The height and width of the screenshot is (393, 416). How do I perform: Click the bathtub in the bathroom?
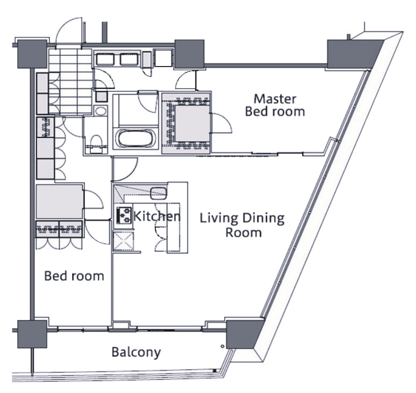135,139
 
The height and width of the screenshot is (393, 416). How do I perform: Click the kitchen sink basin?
159,193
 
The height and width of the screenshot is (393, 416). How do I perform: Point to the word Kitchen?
157,216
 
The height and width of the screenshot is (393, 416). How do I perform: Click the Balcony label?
136,352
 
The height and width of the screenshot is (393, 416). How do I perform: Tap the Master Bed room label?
275,105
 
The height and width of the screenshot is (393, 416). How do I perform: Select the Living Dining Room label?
242,225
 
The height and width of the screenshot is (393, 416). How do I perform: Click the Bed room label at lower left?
74,276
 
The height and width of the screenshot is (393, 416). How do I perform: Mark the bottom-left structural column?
32,334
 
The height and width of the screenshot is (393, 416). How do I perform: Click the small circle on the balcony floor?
223,346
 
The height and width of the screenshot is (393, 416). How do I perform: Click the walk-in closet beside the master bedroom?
187,122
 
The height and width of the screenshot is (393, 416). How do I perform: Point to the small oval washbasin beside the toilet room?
101,111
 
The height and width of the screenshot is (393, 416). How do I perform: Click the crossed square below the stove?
124,241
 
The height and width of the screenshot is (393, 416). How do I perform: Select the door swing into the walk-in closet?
221,122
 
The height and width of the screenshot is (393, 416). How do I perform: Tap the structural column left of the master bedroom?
189,55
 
